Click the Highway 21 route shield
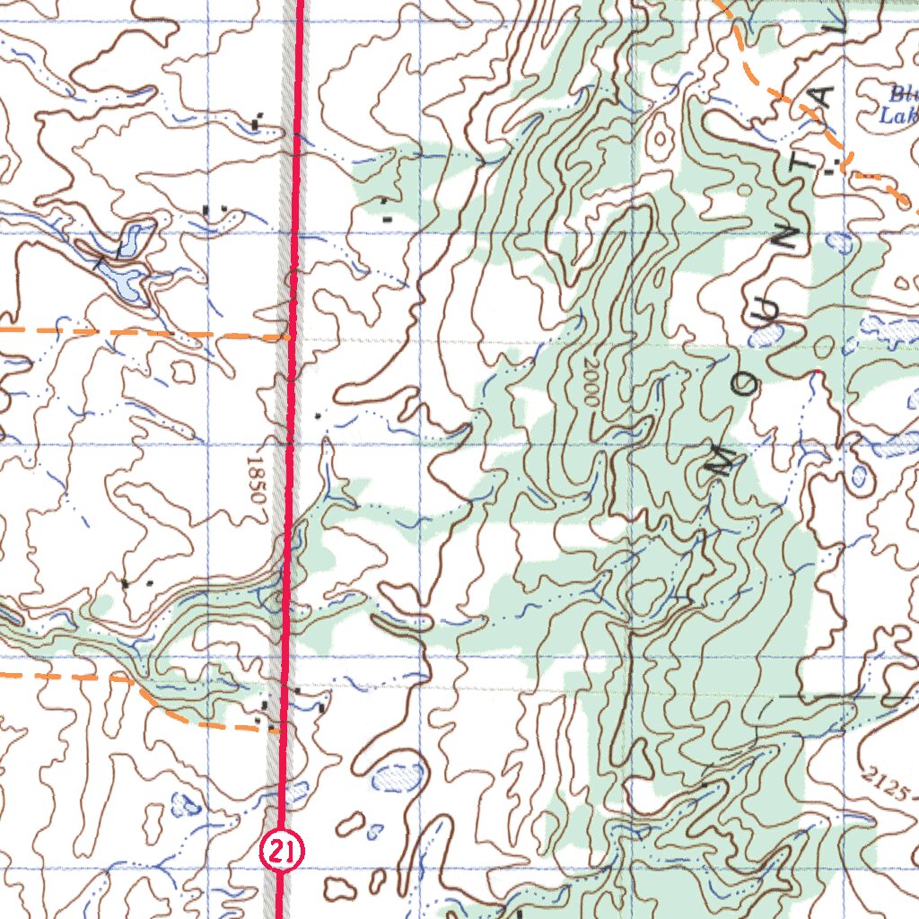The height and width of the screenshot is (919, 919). click(x=283, y=850)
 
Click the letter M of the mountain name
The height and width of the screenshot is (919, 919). click(x=723, y=457)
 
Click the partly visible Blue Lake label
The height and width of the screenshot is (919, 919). click(x=899, y=103)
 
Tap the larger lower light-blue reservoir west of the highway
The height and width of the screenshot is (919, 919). click(x=121, y=277)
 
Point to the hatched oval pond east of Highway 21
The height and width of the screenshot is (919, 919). click(x=395, y=776)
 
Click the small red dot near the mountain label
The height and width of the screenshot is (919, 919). click(x=818, y=370)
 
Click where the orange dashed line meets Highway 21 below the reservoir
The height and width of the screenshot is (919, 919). click(x=289, y=336)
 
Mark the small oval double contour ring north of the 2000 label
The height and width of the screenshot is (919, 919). click(x=662, y=137)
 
